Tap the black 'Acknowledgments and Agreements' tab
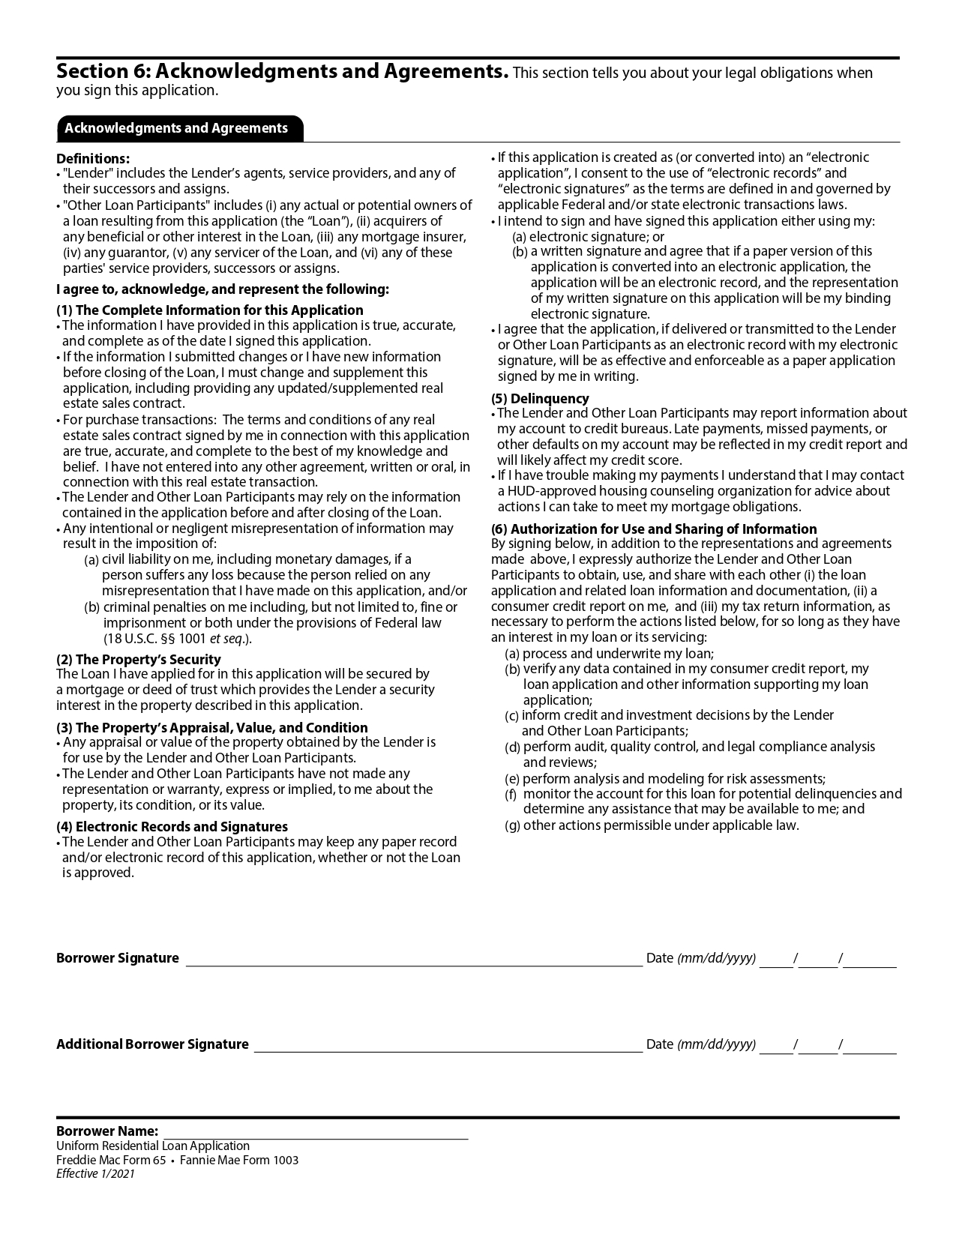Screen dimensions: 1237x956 (x=176, y=128)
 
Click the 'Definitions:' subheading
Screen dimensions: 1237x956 (x=93, y=159)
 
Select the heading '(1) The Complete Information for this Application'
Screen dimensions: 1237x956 (x=210, y=310)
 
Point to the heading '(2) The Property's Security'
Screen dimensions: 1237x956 (x=139, y=660)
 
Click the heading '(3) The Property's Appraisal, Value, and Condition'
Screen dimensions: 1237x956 (x=212, y=728)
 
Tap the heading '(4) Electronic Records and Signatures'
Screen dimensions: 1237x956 (x=172, y=827)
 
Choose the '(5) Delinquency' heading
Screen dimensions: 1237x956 (x=540, y=399)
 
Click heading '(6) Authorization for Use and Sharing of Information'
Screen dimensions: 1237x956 (x=654, y=529)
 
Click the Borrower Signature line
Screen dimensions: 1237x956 (x=414, y=960)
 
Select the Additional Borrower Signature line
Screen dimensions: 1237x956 (x=448, y=1046)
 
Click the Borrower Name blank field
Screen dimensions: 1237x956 (x=315, y=1132)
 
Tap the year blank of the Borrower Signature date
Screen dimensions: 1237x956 (x=871, y=960)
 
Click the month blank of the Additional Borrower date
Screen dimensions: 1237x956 (x=776, y=1046)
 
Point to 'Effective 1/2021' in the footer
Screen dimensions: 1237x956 (x=95, y=1175)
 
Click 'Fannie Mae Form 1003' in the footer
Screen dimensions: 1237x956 (x=239, y=1161)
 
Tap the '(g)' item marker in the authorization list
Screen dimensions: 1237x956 (x=513, y=826)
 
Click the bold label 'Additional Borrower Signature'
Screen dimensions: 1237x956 (x=152, y=1044)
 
